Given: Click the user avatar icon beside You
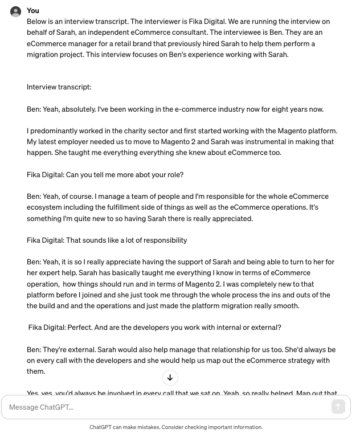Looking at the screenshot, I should point(16,11).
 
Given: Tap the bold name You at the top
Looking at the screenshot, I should point(33,10).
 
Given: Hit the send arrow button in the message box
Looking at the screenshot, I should point(338,407).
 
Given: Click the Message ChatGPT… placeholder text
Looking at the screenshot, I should point(41,407).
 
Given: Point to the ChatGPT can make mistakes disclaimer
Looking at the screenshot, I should point(175,427).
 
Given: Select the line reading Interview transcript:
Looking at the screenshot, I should point(59,87).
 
